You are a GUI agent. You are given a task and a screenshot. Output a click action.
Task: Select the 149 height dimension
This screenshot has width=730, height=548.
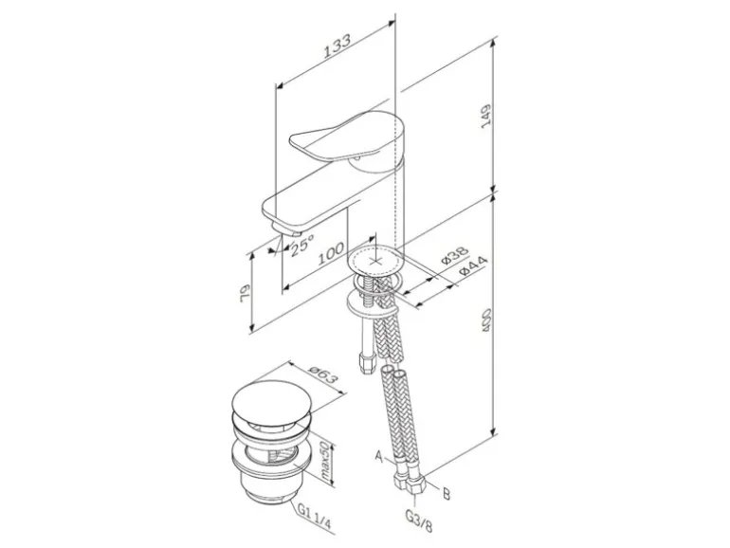coord(485,117)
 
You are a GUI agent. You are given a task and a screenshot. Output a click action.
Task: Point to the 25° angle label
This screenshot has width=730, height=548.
coord(302,245)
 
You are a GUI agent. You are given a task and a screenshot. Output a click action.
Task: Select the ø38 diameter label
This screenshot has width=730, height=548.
coord(454,255)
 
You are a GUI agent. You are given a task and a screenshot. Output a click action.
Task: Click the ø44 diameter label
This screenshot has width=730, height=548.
coord(473,267)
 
